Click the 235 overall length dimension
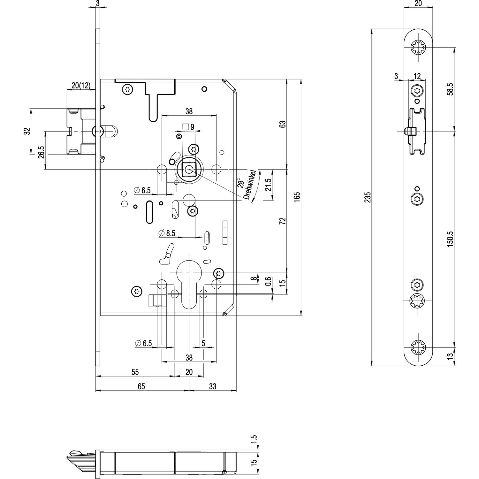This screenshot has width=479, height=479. pyautogui.click(x=368, y=198)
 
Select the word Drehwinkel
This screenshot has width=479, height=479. pyautogui.click(x=251, y=185)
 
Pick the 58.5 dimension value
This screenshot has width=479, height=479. pyautogui.click(x=450, y=89)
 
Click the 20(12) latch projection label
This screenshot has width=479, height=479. pyautogui.click(x=81, y=86)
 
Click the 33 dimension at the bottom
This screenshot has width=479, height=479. pyautogui.click(x=212, y=386)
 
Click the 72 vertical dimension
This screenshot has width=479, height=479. pyautogui.click(x=282, y=221)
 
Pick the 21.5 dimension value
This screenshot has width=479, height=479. pyautogui.click(x=268, y=184)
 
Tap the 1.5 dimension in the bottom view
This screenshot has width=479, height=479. pyautogui.click(x=254, y=439)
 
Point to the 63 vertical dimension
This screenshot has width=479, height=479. pyautogui.click(x=282, y=124)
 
